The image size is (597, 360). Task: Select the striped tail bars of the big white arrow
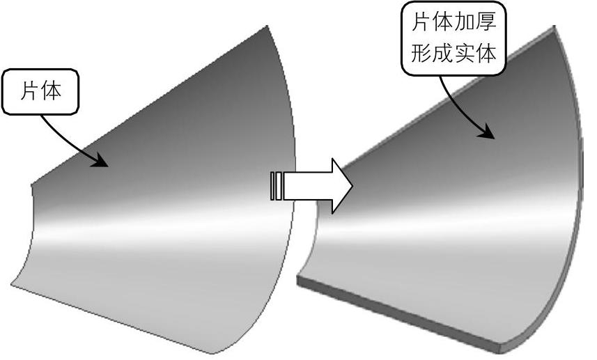point(276,186)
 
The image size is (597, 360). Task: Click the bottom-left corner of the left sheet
point(12,284)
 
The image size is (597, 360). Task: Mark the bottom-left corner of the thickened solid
point(298,280)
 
